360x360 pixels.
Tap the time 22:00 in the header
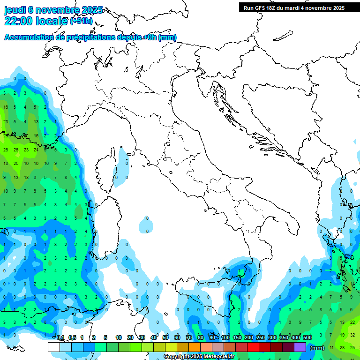point(19,21)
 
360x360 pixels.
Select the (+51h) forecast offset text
point(81,22)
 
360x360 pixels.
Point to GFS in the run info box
point(261,8)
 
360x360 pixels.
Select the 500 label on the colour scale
point(307,337)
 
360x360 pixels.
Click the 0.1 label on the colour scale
point(60,337)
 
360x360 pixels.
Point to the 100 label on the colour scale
point(225,337)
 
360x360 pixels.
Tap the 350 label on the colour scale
point(284,337)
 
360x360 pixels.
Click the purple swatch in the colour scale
point(300,347)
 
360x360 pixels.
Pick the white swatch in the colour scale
point(53,347)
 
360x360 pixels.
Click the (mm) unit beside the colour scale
point(317,348)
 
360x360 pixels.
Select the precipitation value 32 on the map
point(352,335)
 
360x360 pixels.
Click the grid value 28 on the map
point(342,347)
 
